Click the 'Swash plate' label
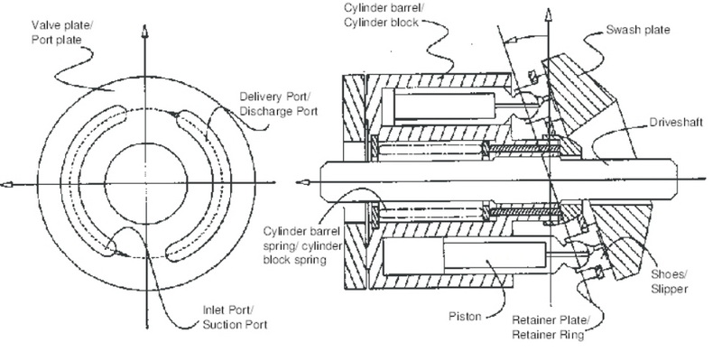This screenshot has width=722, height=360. coord(638,30)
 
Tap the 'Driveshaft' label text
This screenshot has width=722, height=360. coord(676,123)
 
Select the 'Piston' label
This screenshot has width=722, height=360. coord(465,317)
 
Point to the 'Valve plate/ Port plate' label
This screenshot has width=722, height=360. coord(62,32)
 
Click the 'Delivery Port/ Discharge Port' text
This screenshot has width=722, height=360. coord(279,104)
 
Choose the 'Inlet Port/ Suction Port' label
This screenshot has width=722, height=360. coord(235,318)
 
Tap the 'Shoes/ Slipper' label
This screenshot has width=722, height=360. coord(669,282)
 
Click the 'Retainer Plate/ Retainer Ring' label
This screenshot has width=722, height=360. coord(551,328)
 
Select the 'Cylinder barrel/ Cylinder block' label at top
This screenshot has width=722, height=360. coord(381,14)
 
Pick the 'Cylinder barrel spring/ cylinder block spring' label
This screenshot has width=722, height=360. coord(302,245)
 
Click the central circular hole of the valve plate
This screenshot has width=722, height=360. coord(146,184)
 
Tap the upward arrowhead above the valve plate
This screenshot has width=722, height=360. coord(145,32)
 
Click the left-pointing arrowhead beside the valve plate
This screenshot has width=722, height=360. coord(6,185)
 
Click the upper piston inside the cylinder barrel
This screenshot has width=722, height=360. coord(444,106)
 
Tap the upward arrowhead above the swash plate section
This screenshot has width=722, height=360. coord(548,14)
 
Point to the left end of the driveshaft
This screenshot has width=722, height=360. coord(322,182)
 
